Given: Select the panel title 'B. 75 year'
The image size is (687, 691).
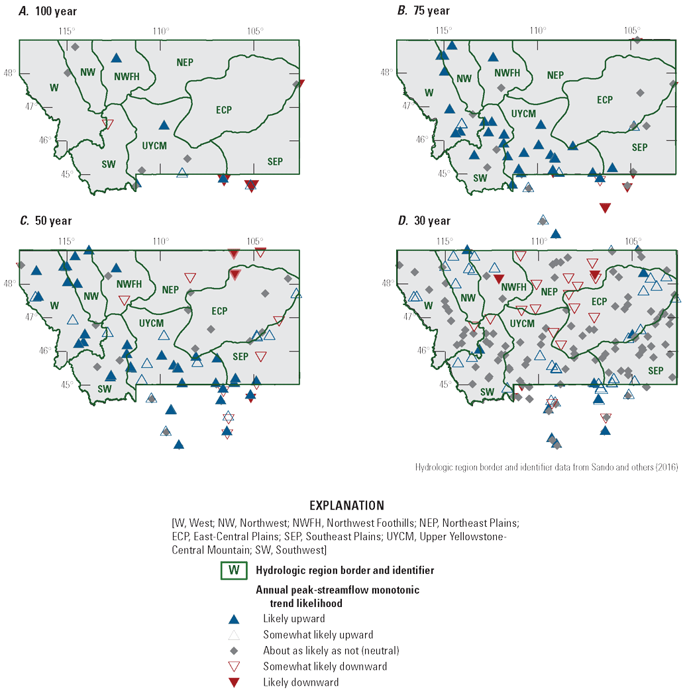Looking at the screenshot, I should pos(423,11).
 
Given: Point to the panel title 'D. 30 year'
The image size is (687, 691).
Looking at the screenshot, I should pos(423,221).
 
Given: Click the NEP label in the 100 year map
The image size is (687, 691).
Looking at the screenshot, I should pos(185,62).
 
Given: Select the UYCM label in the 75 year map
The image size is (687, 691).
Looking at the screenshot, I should pos(523,114).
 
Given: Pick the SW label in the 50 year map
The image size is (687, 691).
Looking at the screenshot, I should pos(105,389).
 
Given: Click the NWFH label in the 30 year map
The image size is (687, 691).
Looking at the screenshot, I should pos(513,287).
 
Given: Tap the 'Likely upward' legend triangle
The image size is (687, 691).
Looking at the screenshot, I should pos(233,620).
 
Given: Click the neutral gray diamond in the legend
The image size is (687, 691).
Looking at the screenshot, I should pos(233,651).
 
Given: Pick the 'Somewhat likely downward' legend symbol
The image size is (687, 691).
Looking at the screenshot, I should pos(233,667).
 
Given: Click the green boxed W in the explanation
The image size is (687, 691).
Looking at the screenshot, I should pos(233,570).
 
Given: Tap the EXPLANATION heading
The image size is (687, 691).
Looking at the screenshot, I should pos(346,506).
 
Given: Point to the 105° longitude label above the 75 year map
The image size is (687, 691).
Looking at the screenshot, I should pos(631,30).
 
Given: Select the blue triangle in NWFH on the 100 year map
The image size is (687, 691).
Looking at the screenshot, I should pos(117,58).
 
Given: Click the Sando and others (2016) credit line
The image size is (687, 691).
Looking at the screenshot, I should pos(547,467).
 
